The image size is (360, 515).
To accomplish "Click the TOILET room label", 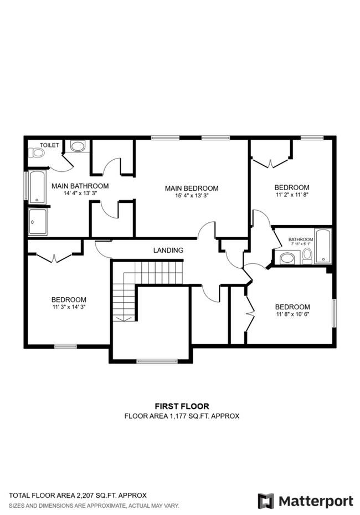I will click(49, 145).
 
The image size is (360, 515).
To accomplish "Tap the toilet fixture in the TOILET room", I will click(37, 152).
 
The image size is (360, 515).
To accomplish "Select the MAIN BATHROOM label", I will click(80, 186).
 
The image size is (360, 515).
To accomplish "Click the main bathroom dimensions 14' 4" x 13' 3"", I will click(80, 193).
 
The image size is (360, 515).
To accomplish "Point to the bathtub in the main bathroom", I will click(37, 187).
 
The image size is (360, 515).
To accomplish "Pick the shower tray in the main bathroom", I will click(38, 222).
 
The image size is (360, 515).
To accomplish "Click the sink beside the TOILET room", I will click(78, 146).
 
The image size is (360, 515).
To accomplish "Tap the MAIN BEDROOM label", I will click(192, 188).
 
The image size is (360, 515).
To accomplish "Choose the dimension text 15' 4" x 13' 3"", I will click(192, 196).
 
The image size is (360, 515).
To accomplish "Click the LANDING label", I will click(168, 251).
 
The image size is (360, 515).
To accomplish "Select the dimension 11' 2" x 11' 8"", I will click(292, 195).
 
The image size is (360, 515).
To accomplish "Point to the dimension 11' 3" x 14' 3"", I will click(69, 307).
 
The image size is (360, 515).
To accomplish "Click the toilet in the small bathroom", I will click(307, 256).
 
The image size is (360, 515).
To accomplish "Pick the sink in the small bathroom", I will click(287, 258).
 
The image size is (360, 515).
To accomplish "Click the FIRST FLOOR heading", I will click(182, 406).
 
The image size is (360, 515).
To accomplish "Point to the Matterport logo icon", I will click(266, 501).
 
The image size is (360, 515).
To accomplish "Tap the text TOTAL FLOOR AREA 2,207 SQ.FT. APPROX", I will click(78, 495).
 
